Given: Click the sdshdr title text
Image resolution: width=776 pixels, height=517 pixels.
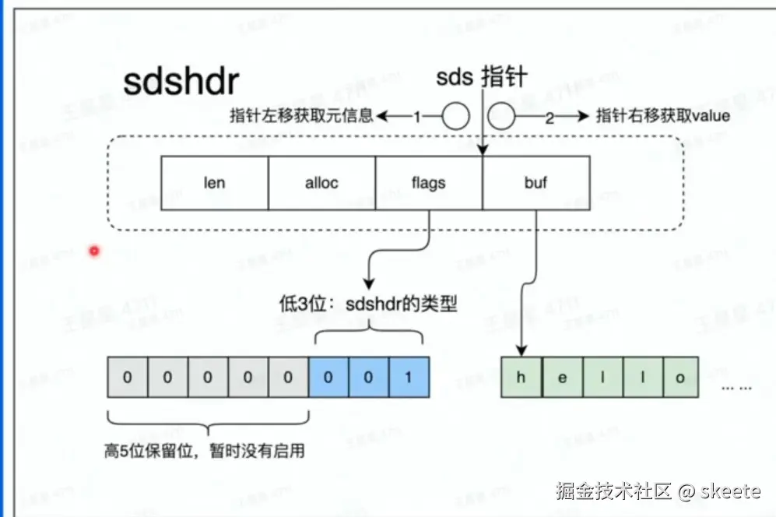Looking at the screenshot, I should point(181,81).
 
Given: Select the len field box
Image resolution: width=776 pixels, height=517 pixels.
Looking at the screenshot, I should point(214,183).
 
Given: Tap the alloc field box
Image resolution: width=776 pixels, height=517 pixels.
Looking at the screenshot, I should point(321,183).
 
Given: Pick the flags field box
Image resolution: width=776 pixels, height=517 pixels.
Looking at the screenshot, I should point(428,183).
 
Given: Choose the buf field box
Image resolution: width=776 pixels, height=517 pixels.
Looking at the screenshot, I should point(535,183).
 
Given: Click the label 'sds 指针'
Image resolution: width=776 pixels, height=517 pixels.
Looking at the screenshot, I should point(482,78).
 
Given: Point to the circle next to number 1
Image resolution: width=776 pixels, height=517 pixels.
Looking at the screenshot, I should point(456,117).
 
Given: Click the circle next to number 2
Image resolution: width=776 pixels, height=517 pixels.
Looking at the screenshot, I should point(502,117).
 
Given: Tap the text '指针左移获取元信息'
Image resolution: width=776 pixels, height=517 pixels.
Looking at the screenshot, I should point(302,117).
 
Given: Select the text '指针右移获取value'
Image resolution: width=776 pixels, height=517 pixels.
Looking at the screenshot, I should point(663,117).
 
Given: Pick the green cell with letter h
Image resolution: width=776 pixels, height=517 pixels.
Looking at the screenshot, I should point(521,378).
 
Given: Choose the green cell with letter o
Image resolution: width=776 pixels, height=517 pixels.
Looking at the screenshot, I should point(679,378).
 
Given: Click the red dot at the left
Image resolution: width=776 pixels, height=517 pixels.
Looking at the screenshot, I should point(94,251).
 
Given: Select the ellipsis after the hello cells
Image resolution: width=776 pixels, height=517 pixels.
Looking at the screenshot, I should point(736,386).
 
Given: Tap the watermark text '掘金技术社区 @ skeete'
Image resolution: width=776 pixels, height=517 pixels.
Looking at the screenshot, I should point(658,491).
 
